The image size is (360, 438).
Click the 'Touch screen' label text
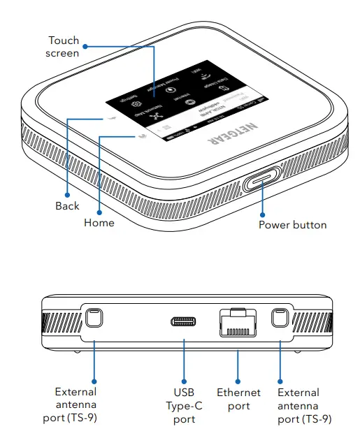[64, 47]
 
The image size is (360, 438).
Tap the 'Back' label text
[67, 206]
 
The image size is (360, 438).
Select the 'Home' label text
[99, 222]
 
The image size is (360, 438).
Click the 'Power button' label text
[292, 224]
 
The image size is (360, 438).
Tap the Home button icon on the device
[143, 136]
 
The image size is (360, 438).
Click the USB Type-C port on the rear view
[185, 322]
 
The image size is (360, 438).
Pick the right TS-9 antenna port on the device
[280, 319]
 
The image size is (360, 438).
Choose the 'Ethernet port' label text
[238, 399]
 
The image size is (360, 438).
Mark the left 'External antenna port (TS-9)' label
[75, 406]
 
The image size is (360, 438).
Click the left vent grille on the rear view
[61, 323]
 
